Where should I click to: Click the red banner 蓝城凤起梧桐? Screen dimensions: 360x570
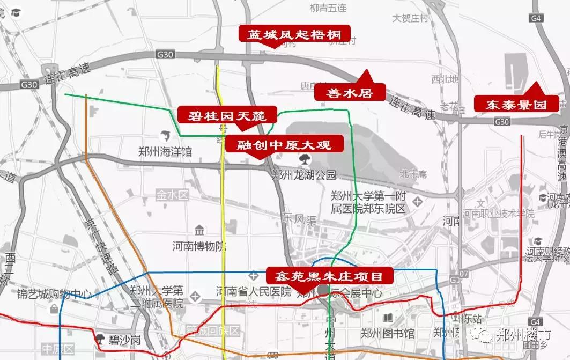[x=294, y=34]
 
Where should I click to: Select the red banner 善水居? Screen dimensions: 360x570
[x=350, y=92]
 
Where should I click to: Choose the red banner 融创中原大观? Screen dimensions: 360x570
[x=278, y=144]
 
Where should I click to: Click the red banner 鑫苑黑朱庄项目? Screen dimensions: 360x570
[x=329, y=276]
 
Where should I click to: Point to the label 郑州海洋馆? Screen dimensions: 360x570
[x=165, y=152]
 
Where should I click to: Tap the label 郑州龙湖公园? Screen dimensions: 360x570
[x=303, y=174]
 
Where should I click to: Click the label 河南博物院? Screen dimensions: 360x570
[x=199, y=246]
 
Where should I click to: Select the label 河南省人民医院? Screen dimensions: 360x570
[x=253, y=292]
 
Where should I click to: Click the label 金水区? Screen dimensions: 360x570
[x=173, y=195]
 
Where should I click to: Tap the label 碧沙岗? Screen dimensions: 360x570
[x=124, y=340]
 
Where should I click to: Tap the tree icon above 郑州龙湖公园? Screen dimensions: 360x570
[x=303, y=159]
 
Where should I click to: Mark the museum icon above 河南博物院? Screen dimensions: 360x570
[x=199, y=231]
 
